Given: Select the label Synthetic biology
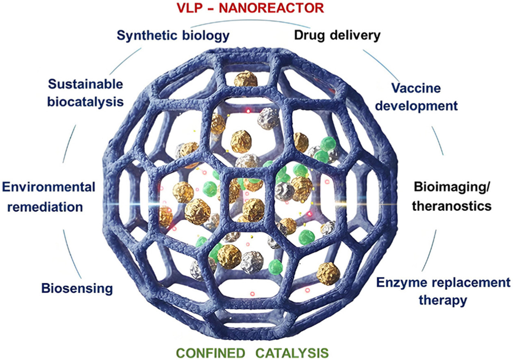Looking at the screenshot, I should [173, 35].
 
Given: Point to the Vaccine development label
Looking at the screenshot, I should [424, 97].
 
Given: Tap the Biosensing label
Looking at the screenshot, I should [77, 288].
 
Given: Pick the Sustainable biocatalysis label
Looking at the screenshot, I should [85, 93].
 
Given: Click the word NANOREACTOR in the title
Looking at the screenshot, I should [285, 9].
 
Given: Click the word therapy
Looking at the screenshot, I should [443, 301].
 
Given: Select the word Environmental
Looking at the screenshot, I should [49, 187].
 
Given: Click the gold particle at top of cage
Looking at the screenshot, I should [246, 80].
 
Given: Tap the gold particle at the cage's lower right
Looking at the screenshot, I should [328, 273].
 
